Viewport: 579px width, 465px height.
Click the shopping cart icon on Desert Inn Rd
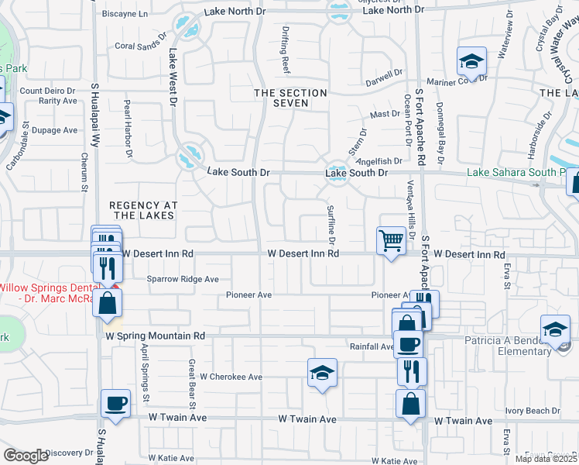[391, 240]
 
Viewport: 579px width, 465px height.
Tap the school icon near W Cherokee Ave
[322, 373]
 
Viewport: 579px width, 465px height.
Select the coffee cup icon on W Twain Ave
[116, 403]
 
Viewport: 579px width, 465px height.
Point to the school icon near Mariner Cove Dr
[470, 60]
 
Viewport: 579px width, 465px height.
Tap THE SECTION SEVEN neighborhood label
[291, 98]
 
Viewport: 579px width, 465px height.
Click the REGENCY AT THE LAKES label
[143, 210]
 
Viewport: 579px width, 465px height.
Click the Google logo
[26, 456]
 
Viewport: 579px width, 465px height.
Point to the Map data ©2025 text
[546, 459]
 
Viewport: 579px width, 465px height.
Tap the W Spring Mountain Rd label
[156, 336]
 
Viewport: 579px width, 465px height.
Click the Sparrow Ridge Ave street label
[183, 279]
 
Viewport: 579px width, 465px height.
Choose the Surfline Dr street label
[331, 222]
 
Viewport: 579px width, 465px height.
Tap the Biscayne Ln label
[125, 14]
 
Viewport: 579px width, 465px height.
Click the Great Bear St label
[191, 381]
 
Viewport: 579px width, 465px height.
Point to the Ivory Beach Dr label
[532, 411]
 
